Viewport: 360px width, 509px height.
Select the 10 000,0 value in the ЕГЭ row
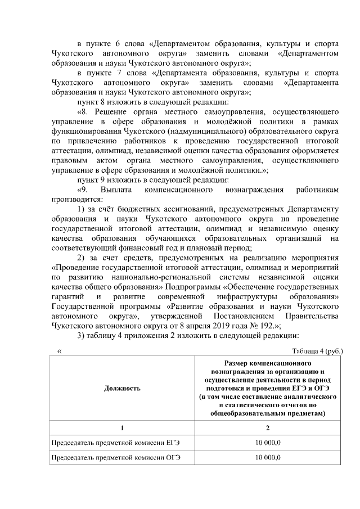point(267,444)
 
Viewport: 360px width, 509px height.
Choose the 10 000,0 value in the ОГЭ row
point(267,459)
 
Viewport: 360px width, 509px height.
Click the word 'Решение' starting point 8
point(108,111)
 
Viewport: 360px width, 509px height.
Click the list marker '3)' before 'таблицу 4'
point(82,336)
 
